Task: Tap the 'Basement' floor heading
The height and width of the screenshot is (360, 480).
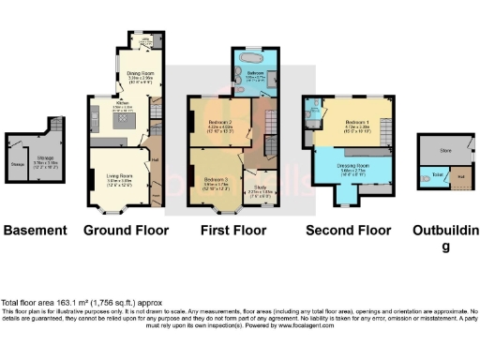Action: click(36, 230)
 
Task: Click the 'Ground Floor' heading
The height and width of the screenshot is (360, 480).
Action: click(119, 230)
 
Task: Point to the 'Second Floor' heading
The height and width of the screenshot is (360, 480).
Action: click(348, 230)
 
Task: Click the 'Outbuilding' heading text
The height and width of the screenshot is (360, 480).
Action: click(445, 236)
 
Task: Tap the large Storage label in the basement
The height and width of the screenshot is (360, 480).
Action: click(44, 161)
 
